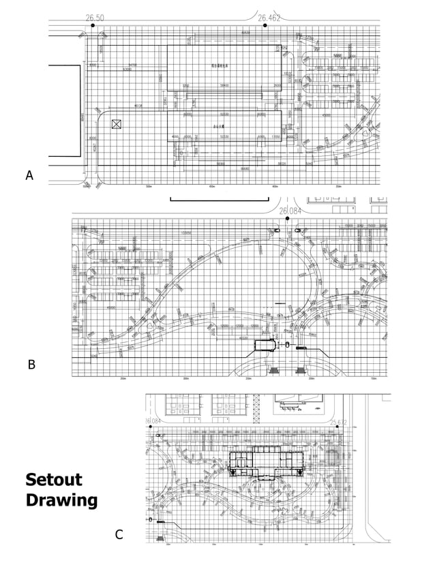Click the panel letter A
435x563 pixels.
point(29,176)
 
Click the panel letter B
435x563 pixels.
point(31,365)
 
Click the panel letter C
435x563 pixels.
point(119,535)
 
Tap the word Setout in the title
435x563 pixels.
point(55,479)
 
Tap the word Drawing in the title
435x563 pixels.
point(61,501)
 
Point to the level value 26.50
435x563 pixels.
point(95,16)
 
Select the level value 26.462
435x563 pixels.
point(268,16)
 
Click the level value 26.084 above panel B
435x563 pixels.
point(289,211)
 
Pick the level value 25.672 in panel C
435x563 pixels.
point(339,423)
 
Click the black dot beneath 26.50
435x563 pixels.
point(93,25)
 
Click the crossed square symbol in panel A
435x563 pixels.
point(117,124)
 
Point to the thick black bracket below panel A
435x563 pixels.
point(220,198)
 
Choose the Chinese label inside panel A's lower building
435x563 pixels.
point(219,125)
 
